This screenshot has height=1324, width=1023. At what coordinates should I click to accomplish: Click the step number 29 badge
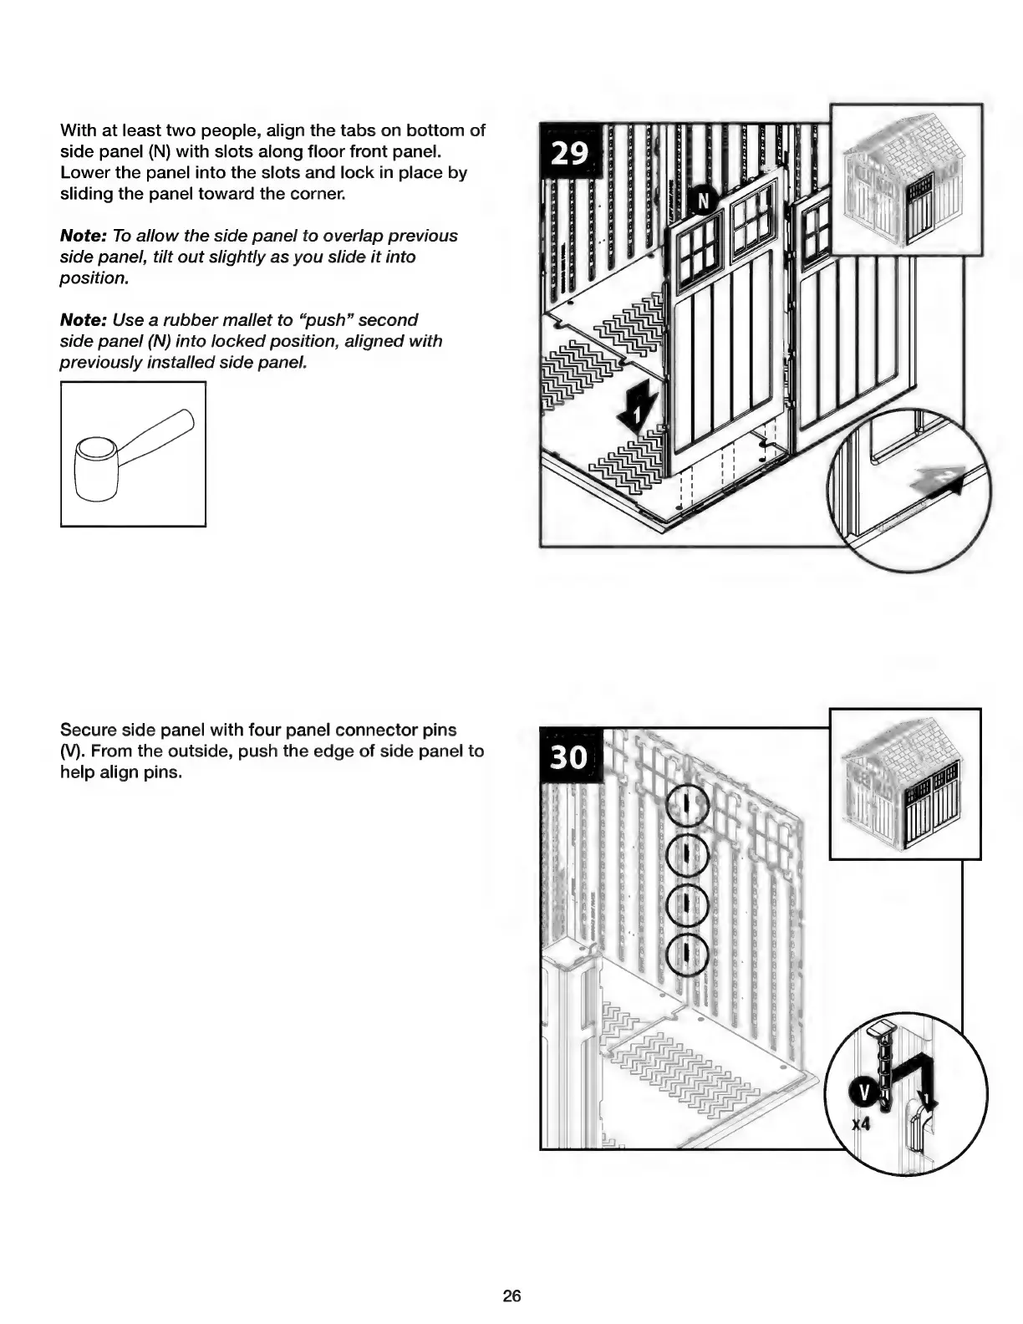[x=569, y=153]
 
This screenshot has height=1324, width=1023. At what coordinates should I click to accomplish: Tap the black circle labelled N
[x=703, y=201]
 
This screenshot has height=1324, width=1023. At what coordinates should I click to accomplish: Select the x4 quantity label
[x=861, y=1124]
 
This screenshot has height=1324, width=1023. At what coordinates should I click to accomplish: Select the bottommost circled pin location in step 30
[x=686, y=952]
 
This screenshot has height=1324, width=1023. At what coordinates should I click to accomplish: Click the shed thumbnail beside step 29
[x=907, y=180]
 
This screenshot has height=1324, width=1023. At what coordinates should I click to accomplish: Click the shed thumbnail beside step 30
[x=905, y=783]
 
